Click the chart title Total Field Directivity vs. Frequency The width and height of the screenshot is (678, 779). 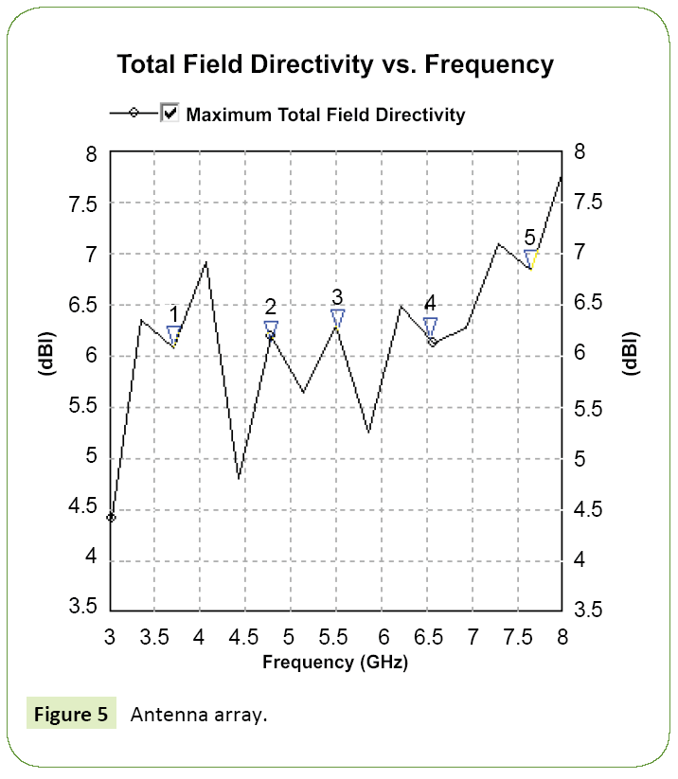click(334, 64)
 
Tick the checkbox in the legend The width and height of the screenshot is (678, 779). click(170, 114)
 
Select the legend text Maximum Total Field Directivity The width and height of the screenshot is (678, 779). click(326, 115)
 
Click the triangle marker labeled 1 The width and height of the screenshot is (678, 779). click(174, 334)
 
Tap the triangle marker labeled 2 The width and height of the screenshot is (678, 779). click(271, 328)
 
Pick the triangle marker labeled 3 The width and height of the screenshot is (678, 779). click(337, 317)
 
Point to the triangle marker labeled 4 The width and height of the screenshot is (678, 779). click(430, 326)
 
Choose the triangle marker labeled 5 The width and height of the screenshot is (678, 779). click(531, 257)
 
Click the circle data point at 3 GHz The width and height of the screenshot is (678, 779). click(111, 517)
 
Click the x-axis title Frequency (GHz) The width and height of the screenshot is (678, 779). click(334, 663)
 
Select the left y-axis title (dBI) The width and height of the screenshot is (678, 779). click(46, 355)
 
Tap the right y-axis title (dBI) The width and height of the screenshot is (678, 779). click(631, 355)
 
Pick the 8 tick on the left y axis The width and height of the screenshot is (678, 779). click(91, 153)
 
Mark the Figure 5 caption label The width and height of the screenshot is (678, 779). click(71, 714)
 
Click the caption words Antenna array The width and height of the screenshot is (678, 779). click(199, 714)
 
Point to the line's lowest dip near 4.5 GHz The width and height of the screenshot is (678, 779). click(239, 478)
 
